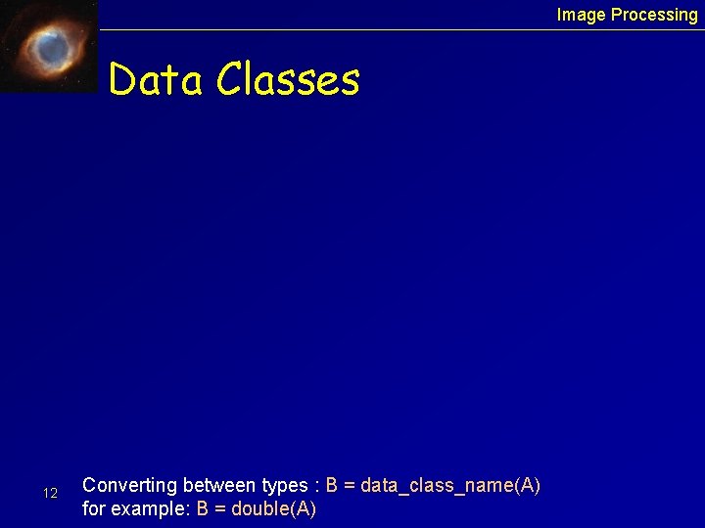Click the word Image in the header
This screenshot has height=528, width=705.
click(582, 15)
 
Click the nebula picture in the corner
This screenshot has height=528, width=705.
click(49, 46)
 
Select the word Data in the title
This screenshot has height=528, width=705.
click(156, 79)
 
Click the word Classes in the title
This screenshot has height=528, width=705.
click(288, 79)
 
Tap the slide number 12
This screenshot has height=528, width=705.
click(51, 494)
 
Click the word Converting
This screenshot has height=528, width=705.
click(130, 486)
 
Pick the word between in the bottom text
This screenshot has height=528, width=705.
click(221, 485)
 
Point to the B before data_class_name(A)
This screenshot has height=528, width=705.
click(332, 485)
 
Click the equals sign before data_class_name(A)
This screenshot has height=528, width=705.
click(350, 486)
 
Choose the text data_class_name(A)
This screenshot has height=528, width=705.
click(450, 486)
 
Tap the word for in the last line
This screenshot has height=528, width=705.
click(94, 508)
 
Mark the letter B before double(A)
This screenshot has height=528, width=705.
click(203, 508)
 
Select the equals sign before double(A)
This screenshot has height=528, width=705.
click(220, 509)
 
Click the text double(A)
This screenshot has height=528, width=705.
click(273, 508)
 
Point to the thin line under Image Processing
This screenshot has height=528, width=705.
click(392, 29)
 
